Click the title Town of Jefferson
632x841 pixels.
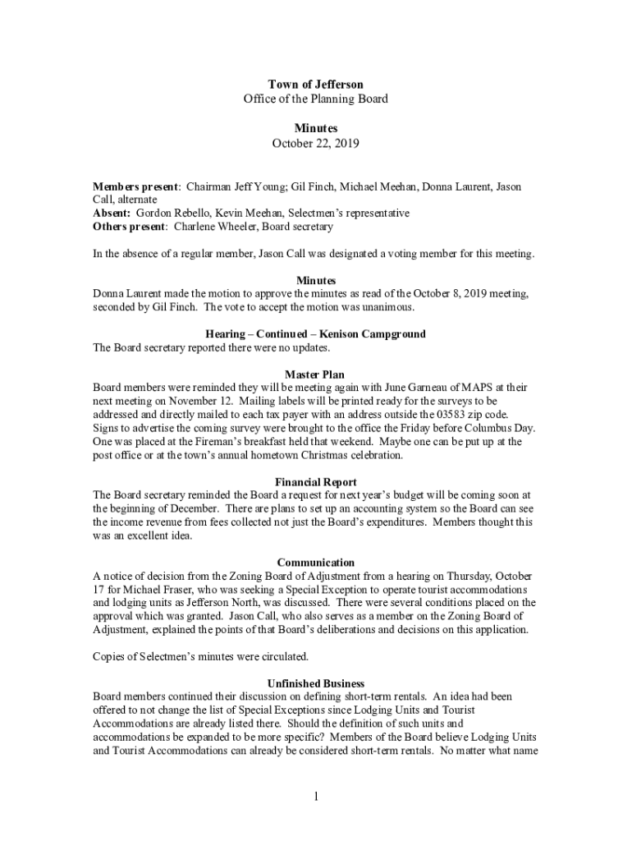pyautogui.click(x=315, y=85)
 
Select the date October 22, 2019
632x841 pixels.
pyautogui.click(x=315, y=143)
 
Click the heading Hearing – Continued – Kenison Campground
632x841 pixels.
pyautogui.click(x=315, y=334)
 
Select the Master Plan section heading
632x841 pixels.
pyautogui.click(x=315, y=375)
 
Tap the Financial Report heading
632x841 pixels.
pyautogui.click(x=315, y=482)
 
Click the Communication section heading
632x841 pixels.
pyautogui.click(x=315, y=563)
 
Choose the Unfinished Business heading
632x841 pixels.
pyautogui.click(x=315, y=683)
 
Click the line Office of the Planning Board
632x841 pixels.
pyautogui.click(x=315, y=99)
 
